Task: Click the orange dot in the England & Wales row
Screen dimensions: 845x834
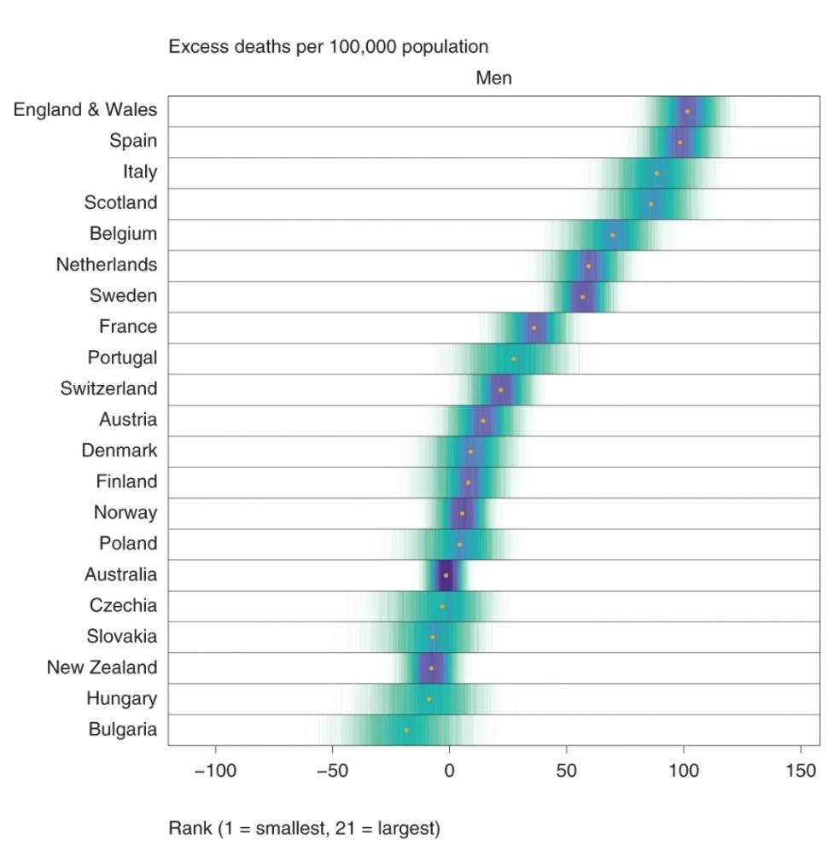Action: coord(687,111)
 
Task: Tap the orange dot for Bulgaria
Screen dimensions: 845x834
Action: coord(406,731)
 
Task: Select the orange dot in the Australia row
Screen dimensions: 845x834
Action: coord(446,575)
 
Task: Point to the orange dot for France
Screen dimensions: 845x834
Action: coord(534,328)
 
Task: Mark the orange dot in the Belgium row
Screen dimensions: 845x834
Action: coord(613,235)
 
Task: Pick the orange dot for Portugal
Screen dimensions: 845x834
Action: coord(513,358)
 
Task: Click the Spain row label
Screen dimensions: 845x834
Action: coord(133,141)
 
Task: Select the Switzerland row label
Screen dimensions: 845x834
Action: coord(108,388)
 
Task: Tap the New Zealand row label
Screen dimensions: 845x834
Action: coord(102,667)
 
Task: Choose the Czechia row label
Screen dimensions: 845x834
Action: coord(123,605)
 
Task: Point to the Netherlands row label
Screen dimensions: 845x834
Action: coord(107,265)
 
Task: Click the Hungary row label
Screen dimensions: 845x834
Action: coord(121,698)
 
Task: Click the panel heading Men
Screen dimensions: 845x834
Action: coord(493,79)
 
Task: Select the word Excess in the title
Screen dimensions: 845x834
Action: coord(195,46)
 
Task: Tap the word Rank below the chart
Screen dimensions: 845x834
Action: coord(189,827)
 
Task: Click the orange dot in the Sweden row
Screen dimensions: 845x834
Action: coord(583,297)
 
